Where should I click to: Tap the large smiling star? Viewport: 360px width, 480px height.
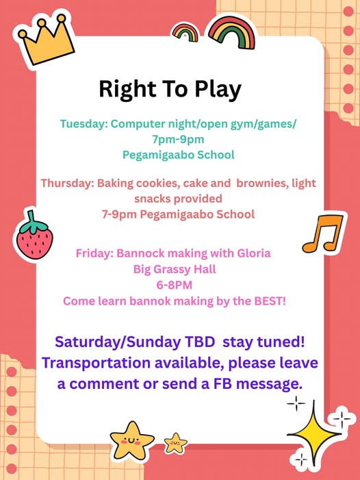(x=132, y=440)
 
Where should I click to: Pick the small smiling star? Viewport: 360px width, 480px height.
(x=176, y=443)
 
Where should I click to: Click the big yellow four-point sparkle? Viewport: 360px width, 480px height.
(x=314, y=434)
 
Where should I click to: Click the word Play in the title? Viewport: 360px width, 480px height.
(x=218, y=89)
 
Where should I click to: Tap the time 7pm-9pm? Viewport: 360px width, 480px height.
(x=179, y=139)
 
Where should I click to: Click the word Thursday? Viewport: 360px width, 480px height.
(x=66, y=183)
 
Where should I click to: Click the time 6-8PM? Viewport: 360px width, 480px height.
(x=175, y=286)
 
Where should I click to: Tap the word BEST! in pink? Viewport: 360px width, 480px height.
(x=270, y=301)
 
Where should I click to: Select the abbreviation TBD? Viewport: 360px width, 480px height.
(x=199, y=342)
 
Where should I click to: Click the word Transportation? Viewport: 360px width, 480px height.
(x=96, y=363)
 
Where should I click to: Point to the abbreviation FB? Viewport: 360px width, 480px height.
(x=222, y=384)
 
